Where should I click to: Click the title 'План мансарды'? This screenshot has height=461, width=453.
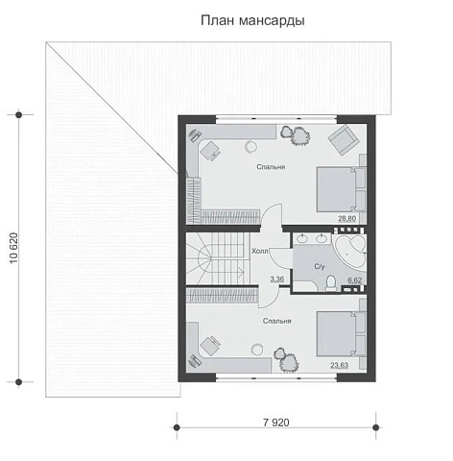[252, 21]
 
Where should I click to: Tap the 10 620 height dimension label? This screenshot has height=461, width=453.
[14, 248]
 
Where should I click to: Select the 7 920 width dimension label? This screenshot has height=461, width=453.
[276, 423]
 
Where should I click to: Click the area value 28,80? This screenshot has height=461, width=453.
[347, 219]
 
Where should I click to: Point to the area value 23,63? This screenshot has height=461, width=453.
[339, 365]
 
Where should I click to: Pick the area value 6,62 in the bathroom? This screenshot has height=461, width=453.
[355, 280]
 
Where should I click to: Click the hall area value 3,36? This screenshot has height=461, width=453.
[277, 279]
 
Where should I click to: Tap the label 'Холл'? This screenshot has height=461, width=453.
[260, 251]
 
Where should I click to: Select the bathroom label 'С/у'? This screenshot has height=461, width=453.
[320, 266]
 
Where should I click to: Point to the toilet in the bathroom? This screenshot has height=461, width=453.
[330, 283]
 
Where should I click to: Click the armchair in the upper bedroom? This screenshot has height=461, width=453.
[343, 139]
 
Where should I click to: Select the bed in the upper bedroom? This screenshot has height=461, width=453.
[341, 189]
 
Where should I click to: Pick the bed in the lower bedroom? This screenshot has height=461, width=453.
[341, 333]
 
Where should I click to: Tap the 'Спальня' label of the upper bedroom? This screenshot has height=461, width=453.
[271, 167]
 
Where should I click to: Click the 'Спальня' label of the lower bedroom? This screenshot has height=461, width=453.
[277, 321]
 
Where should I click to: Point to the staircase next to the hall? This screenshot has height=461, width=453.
[218, 258]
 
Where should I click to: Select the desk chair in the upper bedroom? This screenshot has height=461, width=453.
[210, 150]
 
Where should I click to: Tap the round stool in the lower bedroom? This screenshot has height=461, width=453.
[256, 350]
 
